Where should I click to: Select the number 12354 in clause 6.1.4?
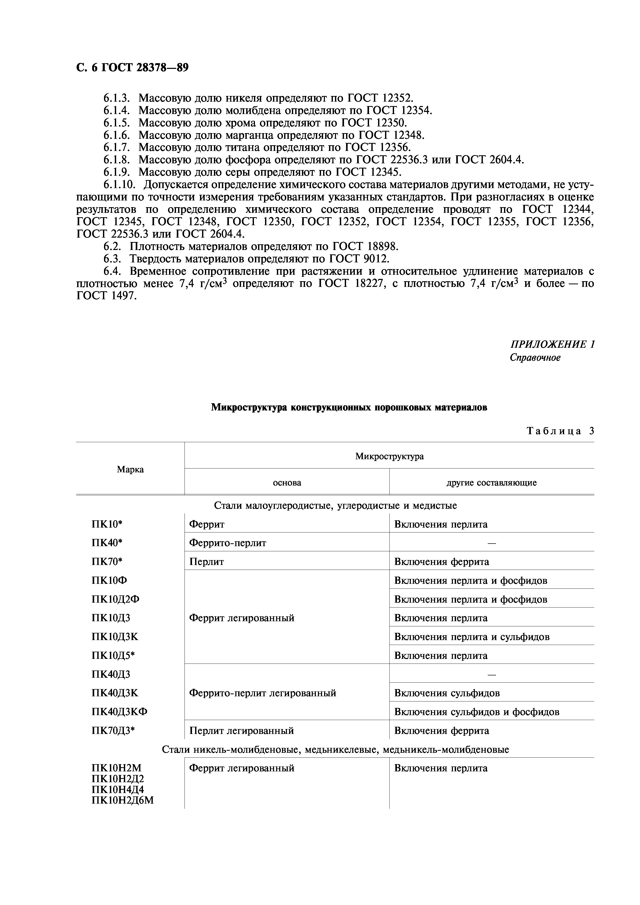[x=417, y=110]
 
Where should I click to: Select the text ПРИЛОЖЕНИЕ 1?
[x=552, y=344]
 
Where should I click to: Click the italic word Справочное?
[x=535, y=358]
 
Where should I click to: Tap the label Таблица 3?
[x=560, y=431]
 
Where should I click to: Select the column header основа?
[x=287, y=483]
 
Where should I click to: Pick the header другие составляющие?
[x=491, y=483]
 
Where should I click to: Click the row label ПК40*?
[x=107, y=543]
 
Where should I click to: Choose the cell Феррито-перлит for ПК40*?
[x=228, y=543]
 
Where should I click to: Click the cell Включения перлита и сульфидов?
[x=472, y=637]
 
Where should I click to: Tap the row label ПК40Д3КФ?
[x=119, y=712]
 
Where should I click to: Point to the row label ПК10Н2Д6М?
[x=122, y=801]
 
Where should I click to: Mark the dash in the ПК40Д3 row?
[x=491, y=675]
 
